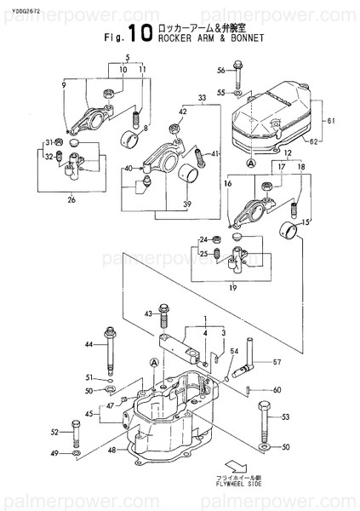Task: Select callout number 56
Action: [220, 70]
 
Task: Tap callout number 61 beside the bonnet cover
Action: [332, 121]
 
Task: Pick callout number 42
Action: [183, 112]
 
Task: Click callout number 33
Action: [202, 98]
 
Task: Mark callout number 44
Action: [89, 343]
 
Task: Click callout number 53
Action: [285, 416]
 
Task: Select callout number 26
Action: [71, 201]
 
